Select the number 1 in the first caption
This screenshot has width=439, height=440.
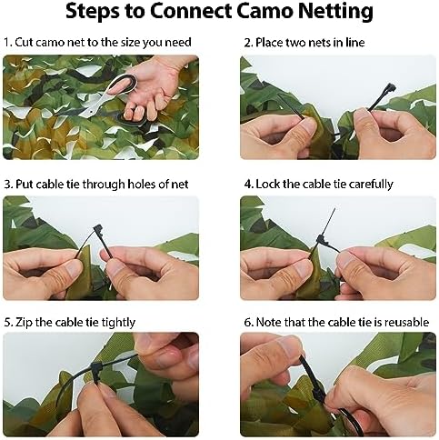(x=6, y=43)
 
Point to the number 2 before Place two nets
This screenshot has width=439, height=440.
(x=246, y=43)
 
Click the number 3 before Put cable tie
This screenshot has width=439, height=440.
(x=6, y=184)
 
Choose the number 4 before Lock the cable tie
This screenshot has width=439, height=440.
(x=247, y=184)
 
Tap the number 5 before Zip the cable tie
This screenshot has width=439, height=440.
(x=6, y=320)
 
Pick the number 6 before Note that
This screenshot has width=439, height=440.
(x=247, y=320)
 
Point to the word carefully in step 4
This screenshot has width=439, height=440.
(x=364, y=184)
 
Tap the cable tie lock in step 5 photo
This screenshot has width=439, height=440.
(x=93, y=373)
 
